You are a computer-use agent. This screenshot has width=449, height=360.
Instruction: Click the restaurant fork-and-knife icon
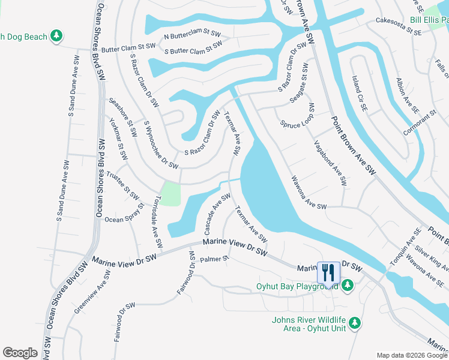point(328,272)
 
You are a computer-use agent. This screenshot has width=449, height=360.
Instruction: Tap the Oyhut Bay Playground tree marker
point(348,286)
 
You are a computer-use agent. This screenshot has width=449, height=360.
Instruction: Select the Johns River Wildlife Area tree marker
point(355,323)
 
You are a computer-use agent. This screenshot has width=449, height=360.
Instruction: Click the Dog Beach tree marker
point(57,37)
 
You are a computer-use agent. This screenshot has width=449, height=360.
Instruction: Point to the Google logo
point(20,353)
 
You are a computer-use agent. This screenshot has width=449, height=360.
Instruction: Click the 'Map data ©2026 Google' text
point(412,355)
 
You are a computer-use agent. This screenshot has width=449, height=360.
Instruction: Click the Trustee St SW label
point(122,187)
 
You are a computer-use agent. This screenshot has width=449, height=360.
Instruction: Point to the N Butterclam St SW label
point(193,37)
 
